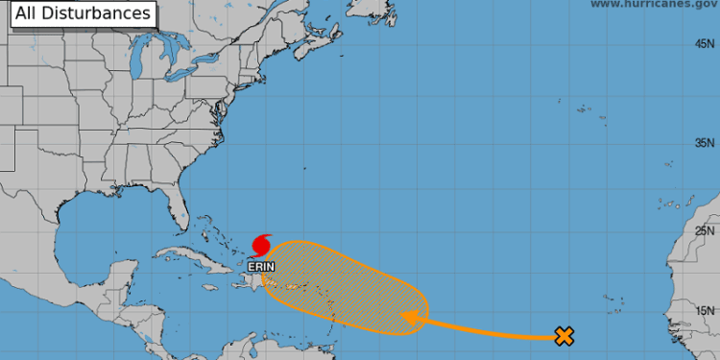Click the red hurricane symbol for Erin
pyautogui.click(x=260, y=243)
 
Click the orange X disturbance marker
pyautogui.click(x=564, y=336)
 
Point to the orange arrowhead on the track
pyautogui.click(x=410, y=318)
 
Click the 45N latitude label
pyautogui.click(x=706, y=44)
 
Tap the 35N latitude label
pyautogui.click(x=706, y=143)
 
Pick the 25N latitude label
pyautogui.click(x=706, y=230)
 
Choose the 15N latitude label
pyautogui.click(x=706, y=310)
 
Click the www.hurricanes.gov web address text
pyautogui.click(x=653, y=5)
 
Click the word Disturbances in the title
pyautogui.click(x=109, y=13)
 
